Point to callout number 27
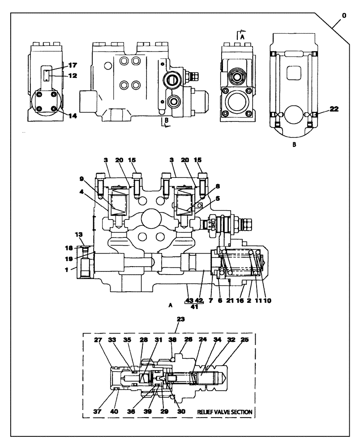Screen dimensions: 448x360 110,340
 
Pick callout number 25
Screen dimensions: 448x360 244,340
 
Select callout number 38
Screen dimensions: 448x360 173,340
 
